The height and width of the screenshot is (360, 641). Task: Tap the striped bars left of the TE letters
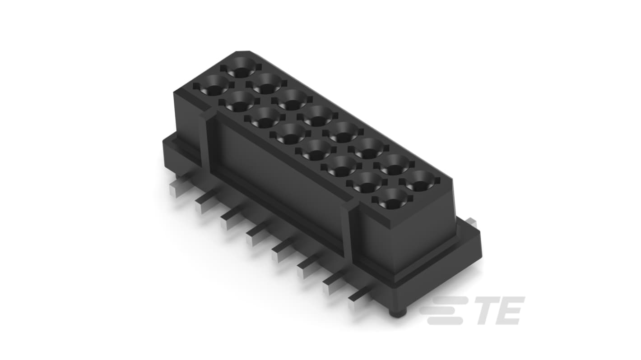[444, 310]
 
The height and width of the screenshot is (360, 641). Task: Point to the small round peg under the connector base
[398, 313]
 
